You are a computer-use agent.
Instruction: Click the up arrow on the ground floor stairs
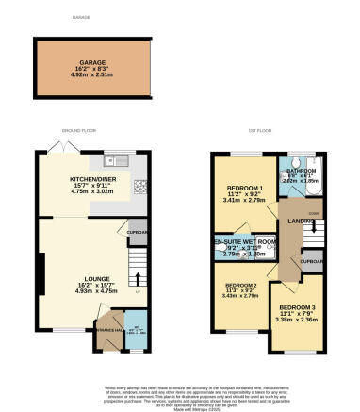(139, 278)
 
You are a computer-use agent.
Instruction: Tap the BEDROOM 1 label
(243, 189)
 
